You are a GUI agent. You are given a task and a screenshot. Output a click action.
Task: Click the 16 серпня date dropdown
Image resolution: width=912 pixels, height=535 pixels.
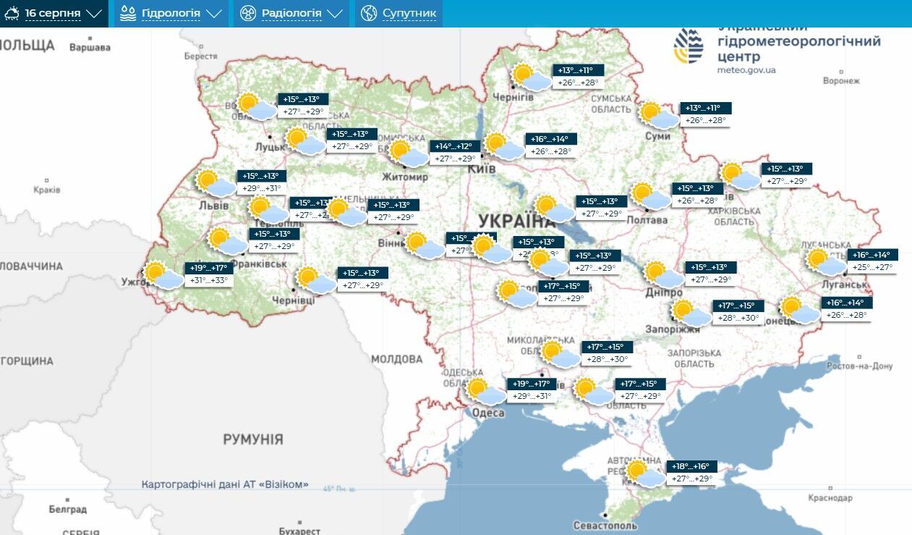tap(54, 14)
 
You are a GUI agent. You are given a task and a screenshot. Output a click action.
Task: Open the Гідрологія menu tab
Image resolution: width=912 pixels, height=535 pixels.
tap(171, 14)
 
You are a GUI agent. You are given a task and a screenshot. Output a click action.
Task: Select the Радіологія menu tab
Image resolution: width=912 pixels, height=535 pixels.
tap(291, 14)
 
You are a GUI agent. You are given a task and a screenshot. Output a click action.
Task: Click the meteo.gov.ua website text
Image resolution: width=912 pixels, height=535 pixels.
tap(746, 70)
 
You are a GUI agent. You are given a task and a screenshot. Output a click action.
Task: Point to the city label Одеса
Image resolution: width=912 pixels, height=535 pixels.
tap(488, 413)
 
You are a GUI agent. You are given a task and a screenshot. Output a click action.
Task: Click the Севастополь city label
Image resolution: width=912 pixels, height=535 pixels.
tap(605, 525)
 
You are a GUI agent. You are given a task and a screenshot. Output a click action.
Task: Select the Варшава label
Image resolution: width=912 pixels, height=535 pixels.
tap(90, 48)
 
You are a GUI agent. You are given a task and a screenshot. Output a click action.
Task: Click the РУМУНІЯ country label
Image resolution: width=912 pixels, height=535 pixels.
tap(252, 439)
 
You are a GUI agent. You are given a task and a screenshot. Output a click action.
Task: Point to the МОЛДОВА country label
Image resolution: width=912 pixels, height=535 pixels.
tap(396, 359)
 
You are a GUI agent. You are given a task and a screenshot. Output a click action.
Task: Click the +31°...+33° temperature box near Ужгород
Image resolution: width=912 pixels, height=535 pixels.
tap(210, 281)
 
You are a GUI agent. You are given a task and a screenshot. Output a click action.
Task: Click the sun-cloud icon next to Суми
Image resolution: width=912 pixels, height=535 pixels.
tap(657, 115)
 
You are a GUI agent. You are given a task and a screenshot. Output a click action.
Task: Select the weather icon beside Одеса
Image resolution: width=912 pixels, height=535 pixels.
tap(484, 392)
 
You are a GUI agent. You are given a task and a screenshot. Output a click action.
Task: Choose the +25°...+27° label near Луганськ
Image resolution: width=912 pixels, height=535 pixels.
tap(873, 267)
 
